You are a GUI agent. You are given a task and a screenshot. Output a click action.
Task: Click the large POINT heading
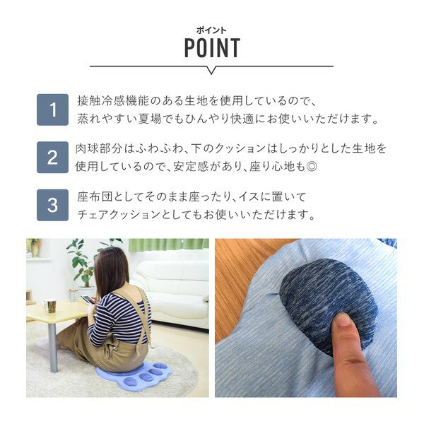[x=212, y=48]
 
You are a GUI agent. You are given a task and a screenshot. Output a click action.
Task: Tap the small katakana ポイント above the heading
[x=211, y=31]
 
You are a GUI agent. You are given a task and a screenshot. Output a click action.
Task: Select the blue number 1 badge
[x=52, y=110]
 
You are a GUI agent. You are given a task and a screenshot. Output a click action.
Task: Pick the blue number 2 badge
[x=52, y=158]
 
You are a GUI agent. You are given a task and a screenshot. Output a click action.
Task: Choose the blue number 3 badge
[x=52, y=205]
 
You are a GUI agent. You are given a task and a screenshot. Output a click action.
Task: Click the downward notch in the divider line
[x=212, y=71]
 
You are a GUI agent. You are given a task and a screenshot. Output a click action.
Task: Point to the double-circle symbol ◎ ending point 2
[x=312, y=167]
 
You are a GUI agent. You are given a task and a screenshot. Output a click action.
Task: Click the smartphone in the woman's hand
[x=87, y=299]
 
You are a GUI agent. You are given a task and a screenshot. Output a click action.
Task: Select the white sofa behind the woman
[x=172, y=287]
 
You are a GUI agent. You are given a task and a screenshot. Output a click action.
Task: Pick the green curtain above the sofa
[x=168, y=245]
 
